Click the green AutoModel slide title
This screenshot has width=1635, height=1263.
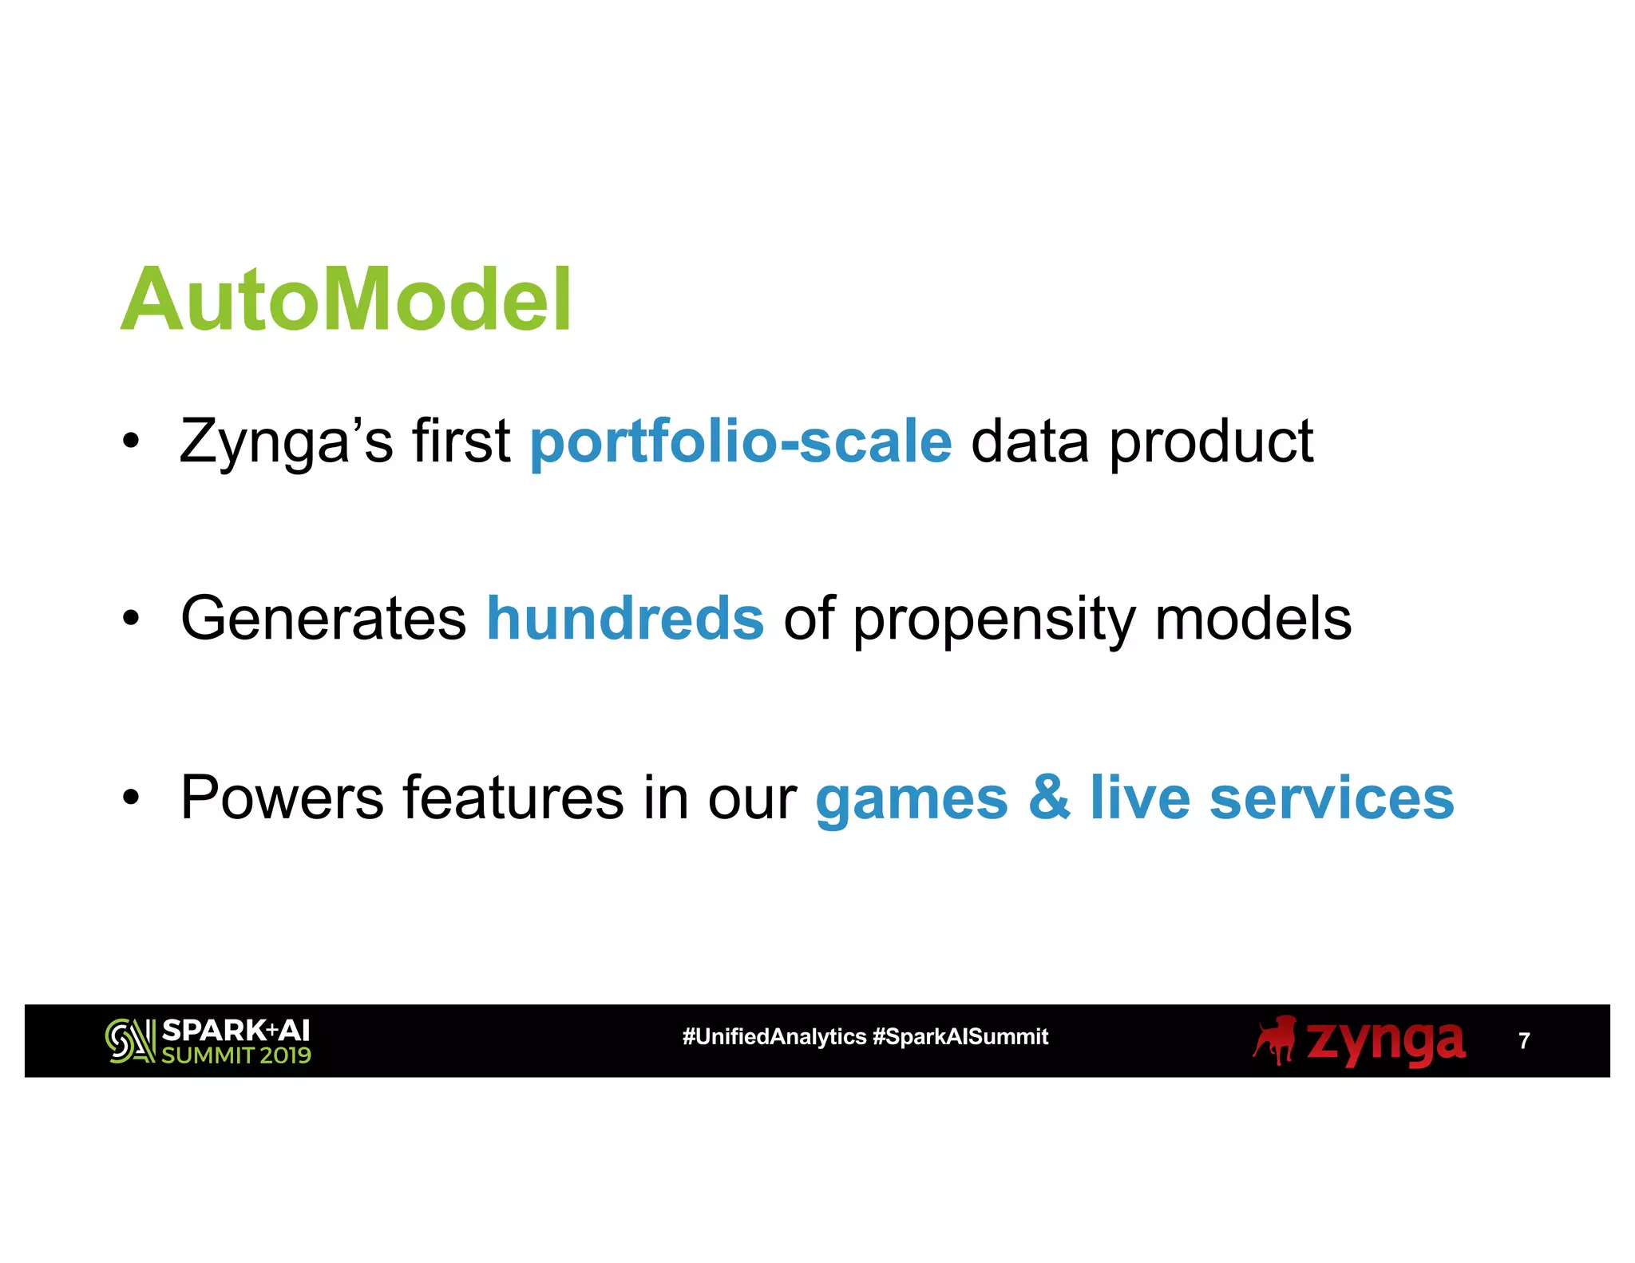click(346, 300)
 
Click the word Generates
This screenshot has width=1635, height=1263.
click(323, 619)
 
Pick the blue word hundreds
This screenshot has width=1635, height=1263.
click(625, 619)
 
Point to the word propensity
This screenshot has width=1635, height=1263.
click(994, 621)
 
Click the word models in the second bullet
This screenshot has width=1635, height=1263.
click(1253, 619)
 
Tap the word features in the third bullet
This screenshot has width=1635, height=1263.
click(513, 797)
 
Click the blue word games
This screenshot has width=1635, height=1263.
click(912, 798)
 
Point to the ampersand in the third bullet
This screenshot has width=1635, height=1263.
click(1049, 797)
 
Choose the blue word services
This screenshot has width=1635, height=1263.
click(1332, 797)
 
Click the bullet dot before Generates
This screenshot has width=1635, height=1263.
click(131, 618)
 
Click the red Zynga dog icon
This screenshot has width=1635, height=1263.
click(1275, 1039)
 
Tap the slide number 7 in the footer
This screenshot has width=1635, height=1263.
click(1524, 1041)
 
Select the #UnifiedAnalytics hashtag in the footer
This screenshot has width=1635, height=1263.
click(774, 1036)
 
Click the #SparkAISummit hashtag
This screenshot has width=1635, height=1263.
click(960, 1036)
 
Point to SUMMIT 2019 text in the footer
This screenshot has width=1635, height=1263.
click(236, 1055)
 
